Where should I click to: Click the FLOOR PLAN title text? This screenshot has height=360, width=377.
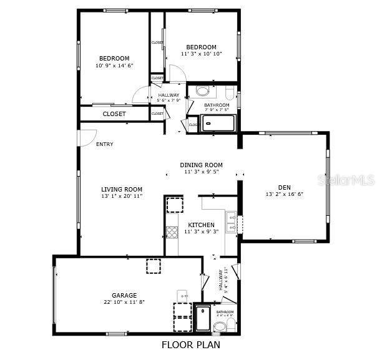pos(191,344)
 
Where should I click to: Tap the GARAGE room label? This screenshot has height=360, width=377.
pos(124,296)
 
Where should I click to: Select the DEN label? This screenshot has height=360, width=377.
pos(284,187)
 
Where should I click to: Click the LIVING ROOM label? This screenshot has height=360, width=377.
pos(122,190)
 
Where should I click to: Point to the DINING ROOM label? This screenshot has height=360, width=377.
pos(201,165)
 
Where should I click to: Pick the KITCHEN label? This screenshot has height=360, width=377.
pos(201,225)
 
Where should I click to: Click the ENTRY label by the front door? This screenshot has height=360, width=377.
pos(105,144)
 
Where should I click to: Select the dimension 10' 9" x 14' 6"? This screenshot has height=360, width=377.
pos(114,66)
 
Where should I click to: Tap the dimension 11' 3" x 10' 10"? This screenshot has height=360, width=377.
pos(201,54)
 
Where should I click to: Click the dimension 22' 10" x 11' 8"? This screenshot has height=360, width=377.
pos(124,303)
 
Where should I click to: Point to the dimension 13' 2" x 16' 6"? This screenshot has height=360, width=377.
pos(284,194)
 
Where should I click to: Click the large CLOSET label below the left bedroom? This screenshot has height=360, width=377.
pos(114,114)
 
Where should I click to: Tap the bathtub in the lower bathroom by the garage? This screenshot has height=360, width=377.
pos(203,318)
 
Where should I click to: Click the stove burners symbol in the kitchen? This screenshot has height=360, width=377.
pos(172,233)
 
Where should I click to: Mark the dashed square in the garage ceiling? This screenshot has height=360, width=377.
pos(153,266)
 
